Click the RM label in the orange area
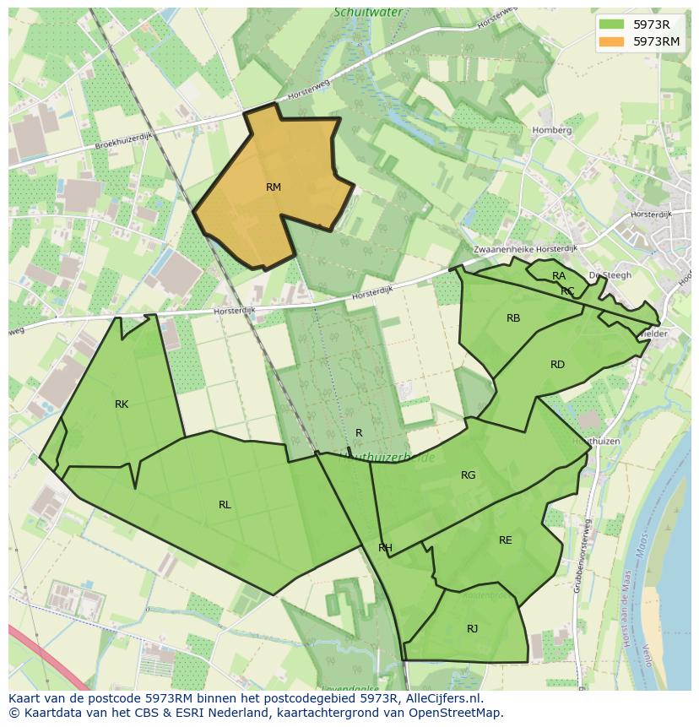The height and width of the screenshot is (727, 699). click(273, 187)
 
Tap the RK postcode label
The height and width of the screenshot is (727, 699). click(122, 404)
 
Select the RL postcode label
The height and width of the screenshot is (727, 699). click(225, 505)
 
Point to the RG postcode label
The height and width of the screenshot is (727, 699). click(469, 475)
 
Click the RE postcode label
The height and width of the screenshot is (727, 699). click(505, 540)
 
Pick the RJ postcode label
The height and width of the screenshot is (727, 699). click(472, 628)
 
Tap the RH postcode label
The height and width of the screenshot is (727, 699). click(385, 548)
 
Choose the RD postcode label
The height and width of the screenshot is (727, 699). click(557, 365)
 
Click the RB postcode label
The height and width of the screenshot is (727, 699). click(513, 318)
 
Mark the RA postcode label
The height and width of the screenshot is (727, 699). click(559, 276)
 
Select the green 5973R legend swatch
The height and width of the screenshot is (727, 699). click(613, 24)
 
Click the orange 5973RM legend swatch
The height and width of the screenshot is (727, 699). click(613, 41)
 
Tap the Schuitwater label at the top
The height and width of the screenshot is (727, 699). click(367, 13)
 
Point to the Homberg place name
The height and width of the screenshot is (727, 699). click(552, 131)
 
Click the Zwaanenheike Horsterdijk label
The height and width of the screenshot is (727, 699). click(525, 249)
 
